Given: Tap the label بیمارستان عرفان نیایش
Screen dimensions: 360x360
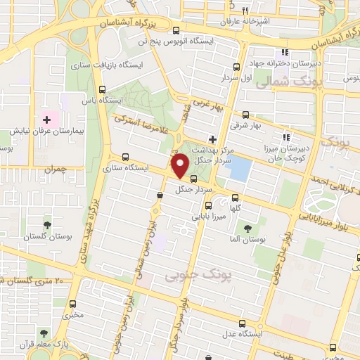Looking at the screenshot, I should coord(48,131).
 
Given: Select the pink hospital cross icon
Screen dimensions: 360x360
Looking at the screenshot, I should coord(48,120).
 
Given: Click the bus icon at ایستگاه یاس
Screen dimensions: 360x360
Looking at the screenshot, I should coord(103,89).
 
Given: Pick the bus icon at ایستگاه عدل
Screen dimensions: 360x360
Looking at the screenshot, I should coord(243,324).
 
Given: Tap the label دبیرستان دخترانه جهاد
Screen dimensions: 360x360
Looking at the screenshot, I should coord(286,64).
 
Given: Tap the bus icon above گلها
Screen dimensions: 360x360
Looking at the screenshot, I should coord(235,197).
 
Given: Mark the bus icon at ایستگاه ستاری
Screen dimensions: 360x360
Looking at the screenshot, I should coord(125,157).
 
